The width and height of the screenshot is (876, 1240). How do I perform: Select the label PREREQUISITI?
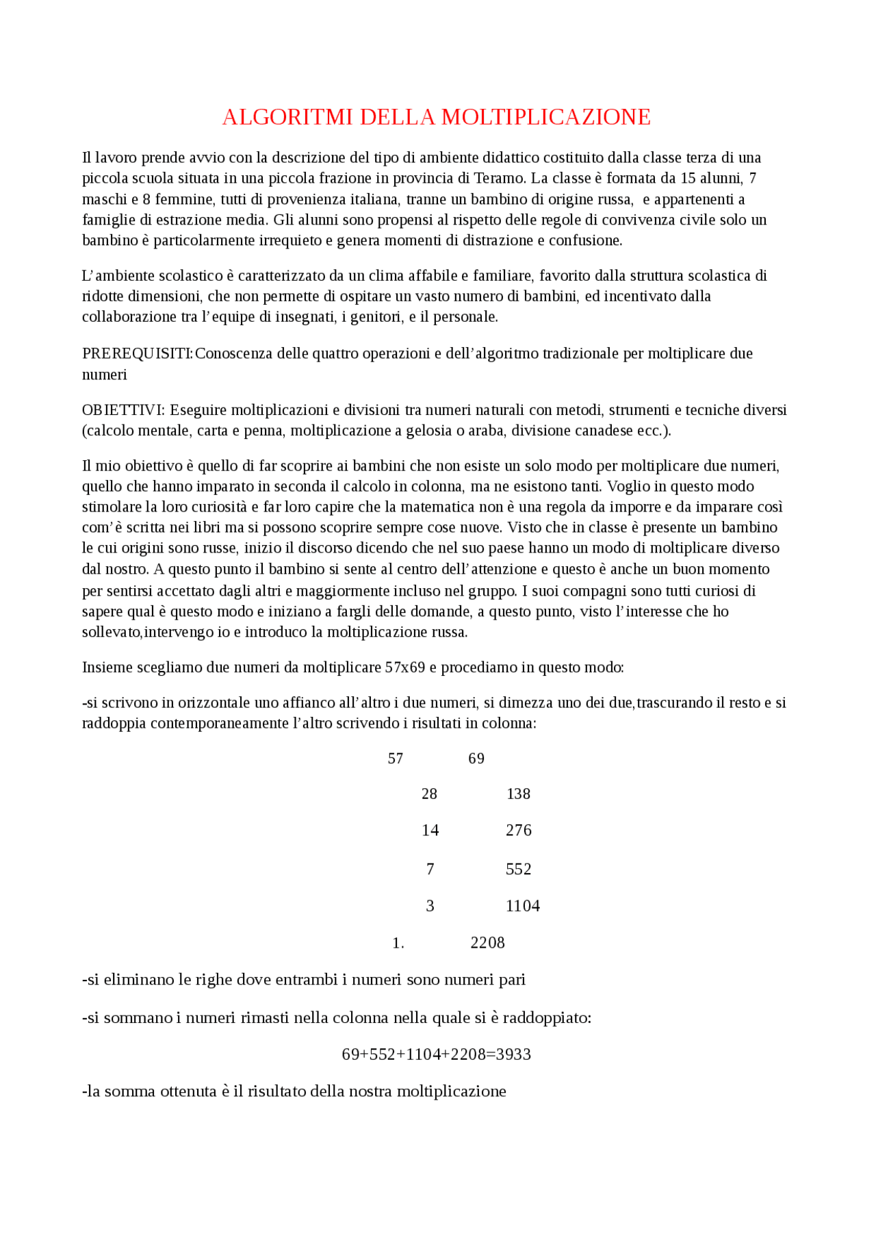138,354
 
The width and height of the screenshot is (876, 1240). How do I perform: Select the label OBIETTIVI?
123,410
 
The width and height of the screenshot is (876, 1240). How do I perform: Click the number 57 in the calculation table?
396,759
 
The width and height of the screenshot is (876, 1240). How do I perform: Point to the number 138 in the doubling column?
518,794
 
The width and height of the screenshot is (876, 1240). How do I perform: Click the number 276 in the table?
518,831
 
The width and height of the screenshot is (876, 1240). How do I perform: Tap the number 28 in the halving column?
429,794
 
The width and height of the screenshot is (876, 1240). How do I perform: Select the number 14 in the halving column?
430,831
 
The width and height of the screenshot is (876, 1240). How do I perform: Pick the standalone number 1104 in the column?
522,907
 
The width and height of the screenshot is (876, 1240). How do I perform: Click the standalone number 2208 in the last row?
487,943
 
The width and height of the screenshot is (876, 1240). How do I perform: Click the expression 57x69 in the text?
405,668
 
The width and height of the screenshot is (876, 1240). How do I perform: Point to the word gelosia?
430,431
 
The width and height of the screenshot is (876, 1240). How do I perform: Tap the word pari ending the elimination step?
512,980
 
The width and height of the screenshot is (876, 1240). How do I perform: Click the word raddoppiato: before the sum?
547,1018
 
